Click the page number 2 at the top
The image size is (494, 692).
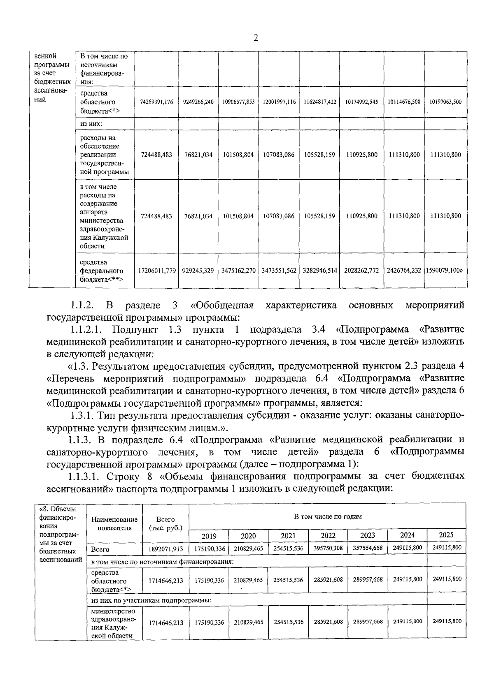pyautogui.click(x=256, y=38)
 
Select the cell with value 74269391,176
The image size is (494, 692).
pyautogui.click(x=156, y=102)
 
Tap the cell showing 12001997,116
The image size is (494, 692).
pyautogui.click(x=279, y=102)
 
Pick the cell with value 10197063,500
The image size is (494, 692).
pyautogui.click(x=445, y=102)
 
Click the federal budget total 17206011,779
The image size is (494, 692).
pyautogui.click(x=156, y=271)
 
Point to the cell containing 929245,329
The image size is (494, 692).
pyautogui.click(x=198, y=271)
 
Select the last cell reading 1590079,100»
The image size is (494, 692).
pyautogui.click(x=445, y=271)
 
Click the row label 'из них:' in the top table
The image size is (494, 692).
pyautogui.click(x=91, y=123)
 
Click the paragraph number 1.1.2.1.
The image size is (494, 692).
pyautogui.click(x=87, y=329)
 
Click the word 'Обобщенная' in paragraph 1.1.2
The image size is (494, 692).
pyautogui.click(x=222, y=305)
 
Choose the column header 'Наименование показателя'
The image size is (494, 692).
pyautogui.click(x=114, y=524)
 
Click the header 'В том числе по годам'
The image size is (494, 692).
pyautogui.click(x=327, y=516)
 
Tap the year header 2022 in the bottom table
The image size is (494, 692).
pyautogui.click(x=328, y=535)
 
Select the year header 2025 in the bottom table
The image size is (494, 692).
pyautogui.click(x=446, y=535)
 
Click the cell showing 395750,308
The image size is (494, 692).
pyautogui.click(x=328, y=548)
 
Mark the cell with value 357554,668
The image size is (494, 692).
pyautogui.click(x=368, y=548)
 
